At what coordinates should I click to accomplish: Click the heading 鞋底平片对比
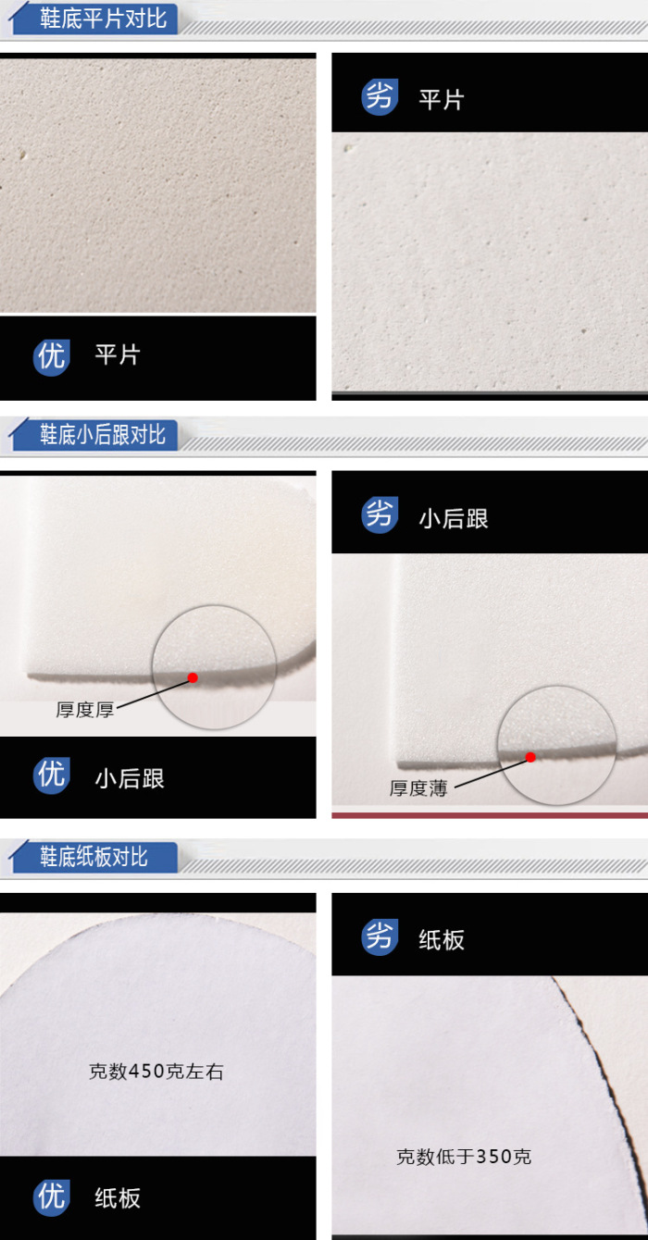(103, 19)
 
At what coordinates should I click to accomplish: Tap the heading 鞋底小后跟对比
(103, 435)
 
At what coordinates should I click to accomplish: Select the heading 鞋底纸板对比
(93, 856)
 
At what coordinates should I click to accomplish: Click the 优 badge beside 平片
(52, 357)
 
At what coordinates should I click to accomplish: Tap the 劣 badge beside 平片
(380, 97)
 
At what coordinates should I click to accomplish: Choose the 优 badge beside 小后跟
(52, 775)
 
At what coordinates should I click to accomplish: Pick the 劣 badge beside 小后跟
(380, 515)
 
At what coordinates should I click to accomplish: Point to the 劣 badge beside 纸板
(380, 937)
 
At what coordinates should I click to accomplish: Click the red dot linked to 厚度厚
(193, 677)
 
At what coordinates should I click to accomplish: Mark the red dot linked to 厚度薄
(530, 757)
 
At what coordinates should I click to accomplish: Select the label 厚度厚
(85, 710)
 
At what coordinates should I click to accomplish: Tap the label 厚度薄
(418, 788)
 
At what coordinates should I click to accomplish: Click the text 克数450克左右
(156, 1072)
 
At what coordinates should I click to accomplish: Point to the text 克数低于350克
(464, 1157)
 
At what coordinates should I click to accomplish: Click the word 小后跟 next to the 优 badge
(130, 778)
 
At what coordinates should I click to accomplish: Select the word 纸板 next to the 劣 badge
(442, 939)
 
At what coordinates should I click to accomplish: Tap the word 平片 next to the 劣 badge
(442, 100)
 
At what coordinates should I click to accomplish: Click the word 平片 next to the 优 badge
(118, 354)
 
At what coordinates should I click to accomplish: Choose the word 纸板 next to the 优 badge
(118, 1198)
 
